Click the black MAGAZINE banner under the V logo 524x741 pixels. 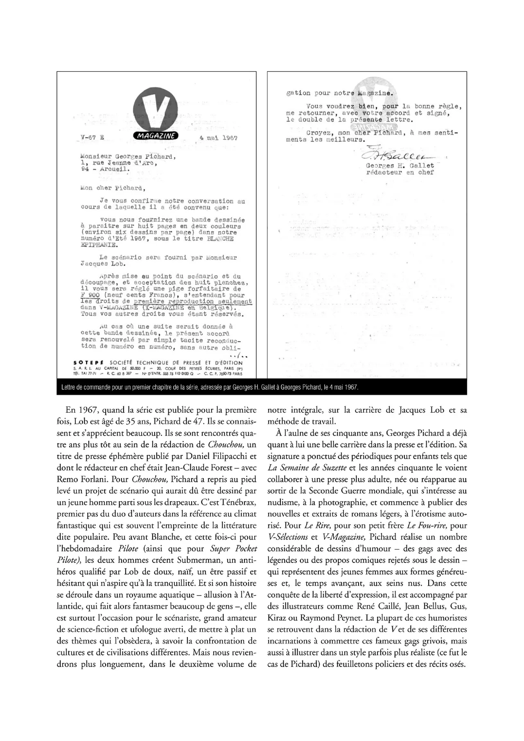(156, 136)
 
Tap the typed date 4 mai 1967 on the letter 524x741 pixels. (218, 138)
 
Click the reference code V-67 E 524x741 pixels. (92, 138)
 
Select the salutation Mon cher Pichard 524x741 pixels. (111, 188)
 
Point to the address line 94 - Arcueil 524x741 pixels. (106, 169)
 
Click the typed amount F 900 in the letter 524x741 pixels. (90, 295)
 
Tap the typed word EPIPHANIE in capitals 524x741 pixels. (99, 245)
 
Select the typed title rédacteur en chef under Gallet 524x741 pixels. (400, 172)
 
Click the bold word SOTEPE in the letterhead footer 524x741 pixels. (88, 363)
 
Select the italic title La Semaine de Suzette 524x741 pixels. (307, 468)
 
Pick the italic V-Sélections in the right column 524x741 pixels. (287, 537)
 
